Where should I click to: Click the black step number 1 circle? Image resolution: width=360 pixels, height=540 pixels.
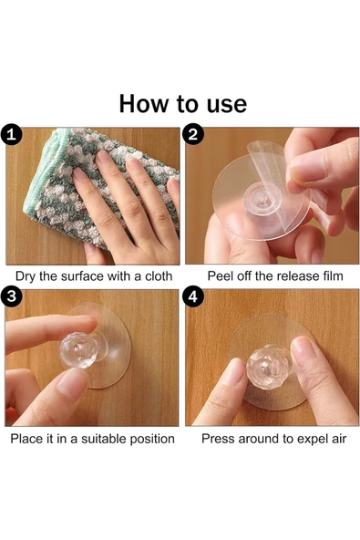[x=11, y=134]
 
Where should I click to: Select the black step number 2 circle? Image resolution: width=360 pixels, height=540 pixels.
[x=193, y=134]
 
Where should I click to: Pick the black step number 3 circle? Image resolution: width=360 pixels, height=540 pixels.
[x=11, y=296]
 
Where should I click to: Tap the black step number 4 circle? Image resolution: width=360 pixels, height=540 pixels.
[x=193, y=296]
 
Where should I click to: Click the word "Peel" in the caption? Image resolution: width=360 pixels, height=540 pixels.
[x=219, y=276]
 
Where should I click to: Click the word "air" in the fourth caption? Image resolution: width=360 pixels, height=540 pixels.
[x=337, y=439]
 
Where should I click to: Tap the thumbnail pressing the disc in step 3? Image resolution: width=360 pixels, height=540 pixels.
[x=70, y=384]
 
